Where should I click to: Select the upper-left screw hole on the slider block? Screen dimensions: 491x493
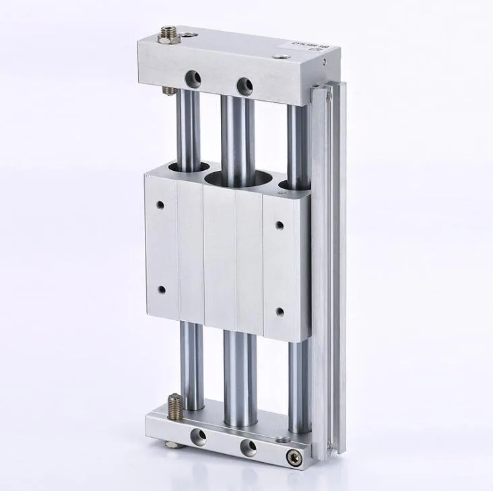[160, 204]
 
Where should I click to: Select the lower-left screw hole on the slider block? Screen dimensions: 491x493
[161, 290]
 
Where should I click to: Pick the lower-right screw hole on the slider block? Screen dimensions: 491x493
[280, 312]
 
